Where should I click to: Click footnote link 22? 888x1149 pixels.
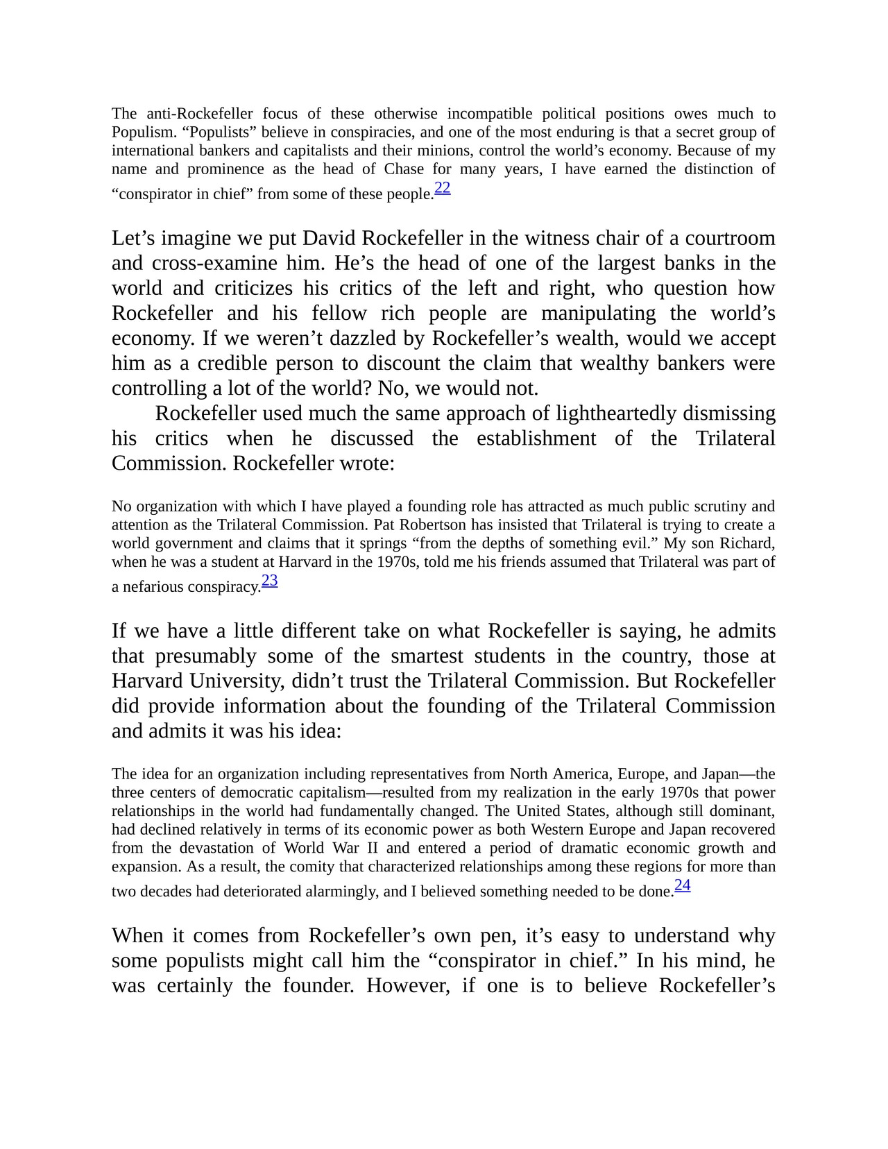pos(443,188)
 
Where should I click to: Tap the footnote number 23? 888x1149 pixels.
pos(270,581)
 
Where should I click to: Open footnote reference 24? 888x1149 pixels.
pos(683,885)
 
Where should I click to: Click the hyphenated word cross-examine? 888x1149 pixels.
pos(212,264)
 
